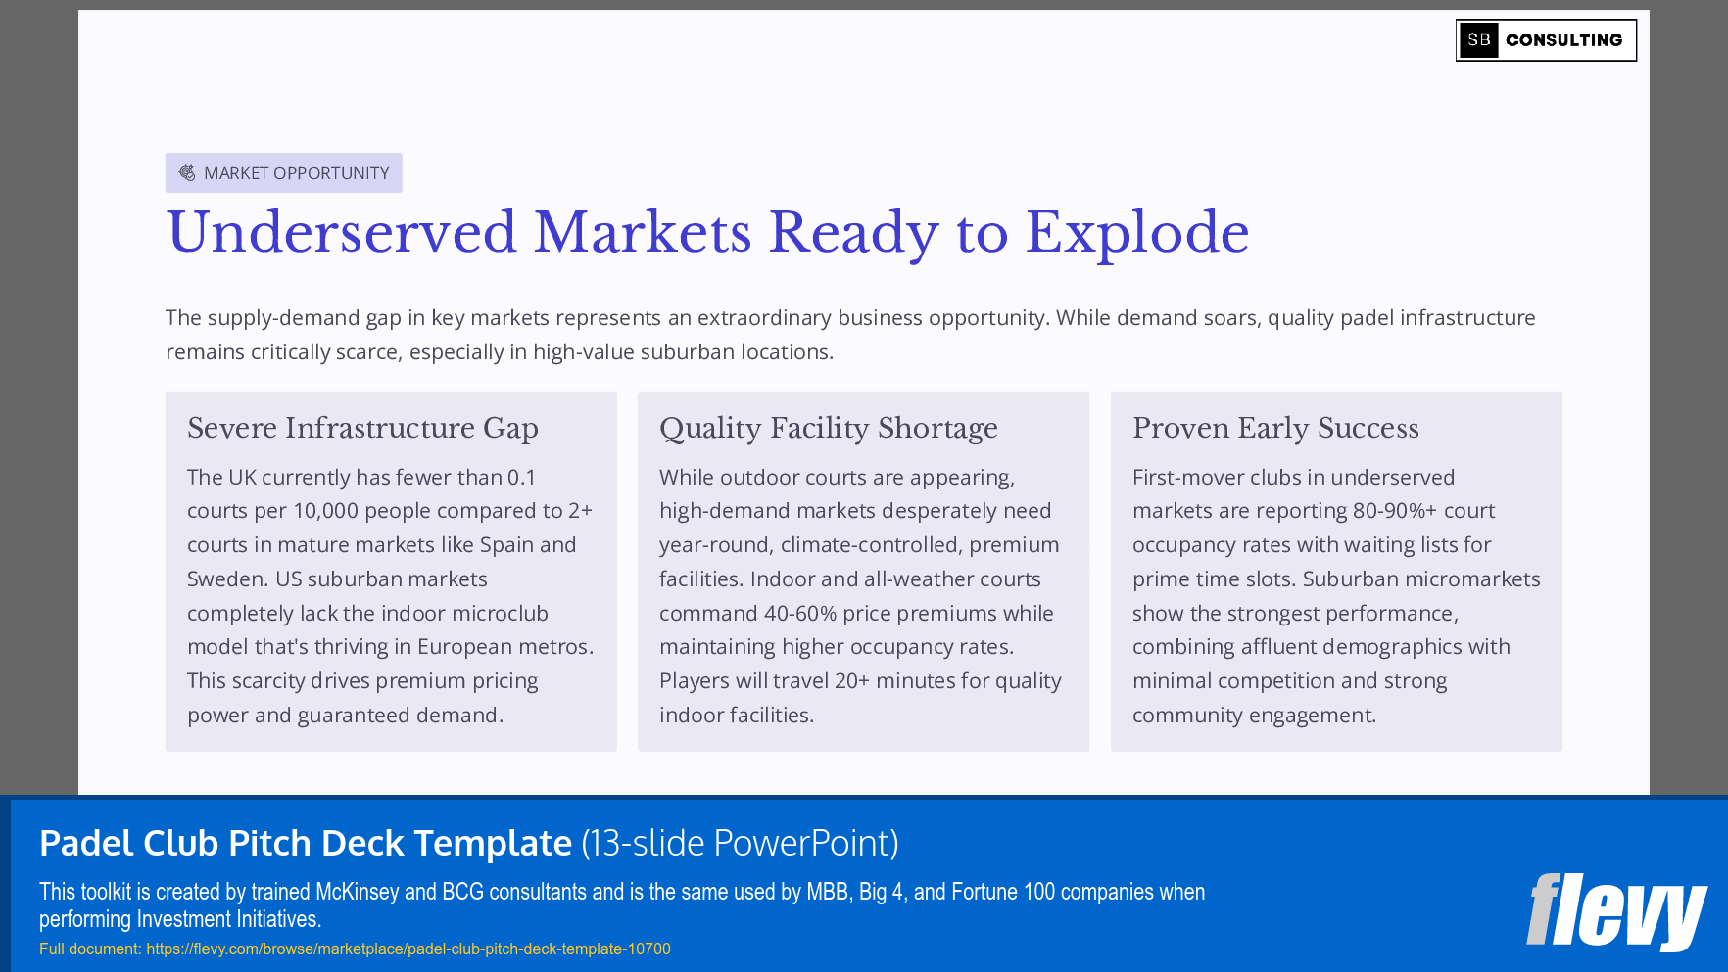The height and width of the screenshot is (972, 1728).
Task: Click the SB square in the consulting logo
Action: pos(1478,40)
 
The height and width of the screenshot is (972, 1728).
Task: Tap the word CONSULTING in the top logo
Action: pos(1563,40)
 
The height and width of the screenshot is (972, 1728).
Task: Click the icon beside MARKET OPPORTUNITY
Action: pos(187,173)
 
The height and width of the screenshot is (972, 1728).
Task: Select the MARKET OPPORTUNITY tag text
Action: pos(296,173)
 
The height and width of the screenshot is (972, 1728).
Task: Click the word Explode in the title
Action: pos(1136,233)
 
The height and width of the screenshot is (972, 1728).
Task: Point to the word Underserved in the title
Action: pos(341,233)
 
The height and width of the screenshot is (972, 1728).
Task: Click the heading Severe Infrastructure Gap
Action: pos(362,428)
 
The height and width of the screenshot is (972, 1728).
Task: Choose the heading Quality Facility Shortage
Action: pos(828,428)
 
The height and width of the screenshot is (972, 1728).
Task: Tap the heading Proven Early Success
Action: pos(1274,428)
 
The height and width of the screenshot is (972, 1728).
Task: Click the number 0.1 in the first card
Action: pos(521,478)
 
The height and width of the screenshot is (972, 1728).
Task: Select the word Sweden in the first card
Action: pos(224,579)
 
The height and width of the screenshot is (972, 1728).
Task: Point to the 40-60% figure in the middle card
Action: pos(799,614)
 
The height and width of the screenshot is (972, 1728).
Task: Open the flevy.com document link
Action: pos(408,949)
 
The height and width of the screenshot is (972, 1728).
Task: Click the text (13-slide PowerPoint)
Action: pos(740,843)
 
